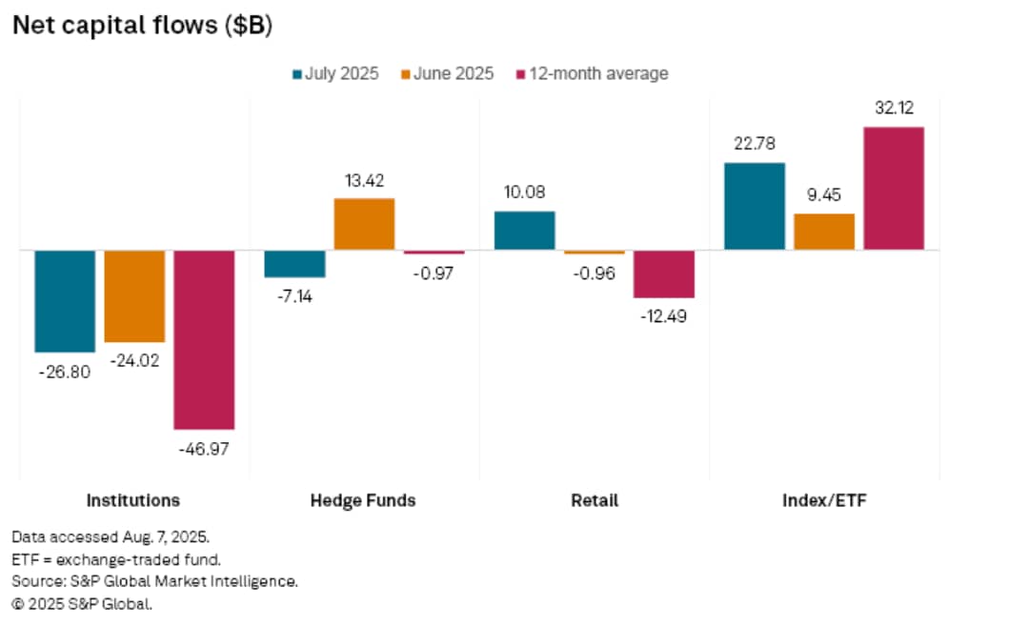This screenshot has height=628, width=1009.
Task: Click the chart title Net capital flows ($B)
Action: (x=142, y=28)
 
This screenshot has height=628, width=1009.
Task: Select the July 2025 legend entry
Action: (x=334, y=73)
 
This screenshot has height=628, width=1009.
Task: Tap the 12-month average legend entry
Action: (x=591, y=73)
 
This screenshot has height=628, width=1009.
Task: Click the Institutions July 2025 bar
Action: (x=65, y=301)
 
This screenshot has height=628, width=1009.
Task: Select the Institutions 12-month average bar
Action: (x=204, y=339)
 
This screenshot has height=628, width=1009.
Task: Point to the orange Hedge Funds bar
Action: (x=364, y=224)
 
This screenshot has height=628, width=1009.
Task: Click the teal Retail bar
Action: (x=525, y=231)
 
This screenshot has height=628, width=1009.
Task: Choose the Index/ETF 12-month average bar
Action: (x=894, y=189)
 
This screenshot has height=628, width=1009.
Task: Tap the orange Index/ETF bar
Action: (x=824, y=232)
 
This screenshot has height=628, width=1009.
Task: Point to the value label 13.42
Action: (x=364, y=182)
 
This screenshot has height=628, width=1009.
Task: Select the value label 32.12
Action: (x=894, y=110)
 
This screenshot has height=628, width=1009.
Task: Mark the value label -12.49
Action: (x=664, y=315)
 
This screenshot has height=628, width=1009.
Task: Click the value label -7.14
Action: (x=294, y=295)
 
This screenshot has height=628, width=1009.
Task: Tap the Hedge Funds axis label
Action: (x=363, y=500)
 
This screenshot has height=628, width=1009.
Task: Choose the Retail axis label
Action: (x=595, y=500)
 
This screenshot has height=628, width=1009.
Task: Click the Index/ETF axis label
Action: (x=824, y=500)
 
